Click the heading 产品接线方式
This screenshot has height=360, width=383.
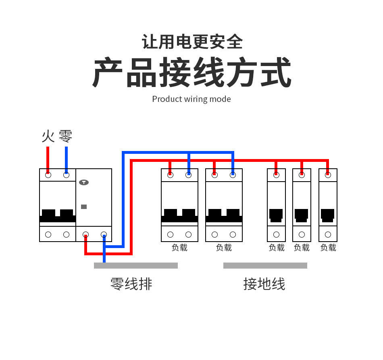[192, 73]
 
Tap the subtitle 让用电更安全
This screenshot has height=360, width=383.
[192, 42]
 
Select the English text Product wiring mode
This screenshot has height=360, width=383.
[191, 99]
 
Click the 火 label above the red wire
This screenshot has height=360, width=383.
[48, 136]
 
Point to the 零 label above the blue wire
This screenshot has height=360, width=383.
[66, 136]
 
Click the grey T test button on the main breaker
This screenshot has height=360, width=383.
[84, 182]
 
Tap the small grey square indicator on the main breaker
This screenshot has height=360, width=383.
[84, 207]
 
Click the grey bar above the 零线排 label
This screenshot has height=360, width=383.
[136, 265]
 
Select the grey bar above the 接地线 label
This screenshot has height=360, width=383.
[265, 265]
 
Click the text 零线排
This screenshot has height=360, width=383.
[131, 284]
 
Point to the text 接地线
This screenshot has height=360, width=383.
[264, 284]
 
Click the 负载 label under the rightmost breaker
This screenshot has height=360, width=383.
[328, 248]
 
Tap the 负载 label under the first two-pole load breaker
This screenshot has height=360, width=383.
[179, 248]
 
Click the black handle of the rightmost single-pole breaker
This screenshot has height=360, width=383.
[327, 215]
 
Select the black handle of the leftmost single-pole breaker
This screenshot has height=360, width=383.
[276, 215]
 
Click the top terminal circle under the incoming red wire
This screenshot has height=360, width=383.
[48, 175]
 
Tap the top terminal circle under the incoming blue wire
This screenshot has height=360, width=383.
[66, 175]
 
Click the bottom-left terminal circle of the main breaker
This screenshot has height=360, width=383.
[48, 234]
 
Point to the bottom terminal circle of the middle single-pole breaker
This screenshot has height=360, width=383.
[302, 234]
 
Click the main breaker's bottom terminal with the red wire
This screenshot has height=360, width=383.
[85, 234]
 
